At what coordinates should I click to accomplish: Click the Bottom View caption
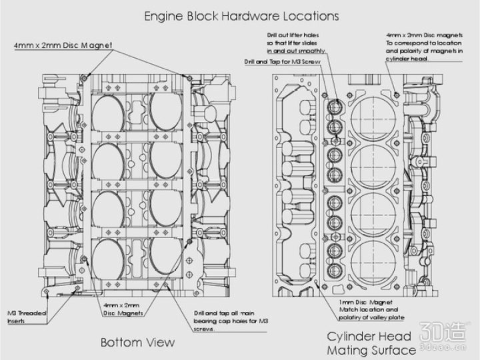pos(137,343)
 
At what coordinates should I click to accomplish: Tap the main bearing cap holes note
pos(231,320)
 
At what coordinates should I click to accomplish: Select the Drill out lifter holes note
pos(295,41)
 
